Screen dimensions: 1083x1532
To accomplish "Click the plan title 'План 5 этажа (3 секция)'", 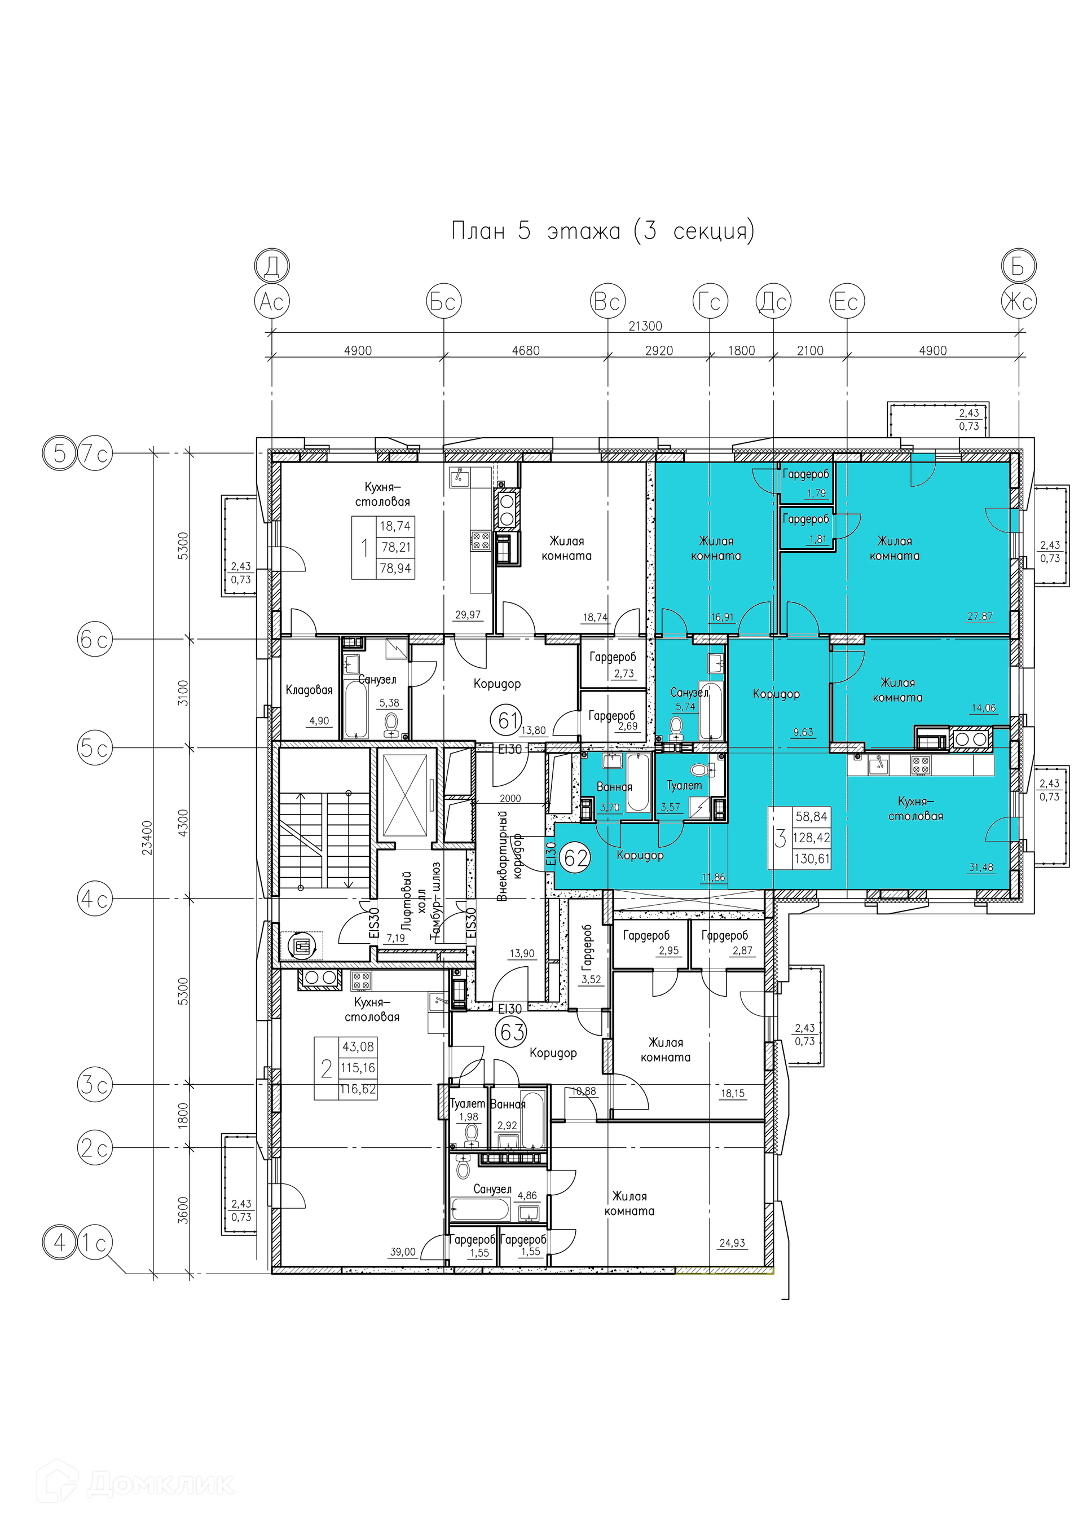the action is click(603, 231).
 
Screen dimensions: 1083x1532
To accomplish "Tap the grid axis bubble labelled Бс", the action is click(444, 302).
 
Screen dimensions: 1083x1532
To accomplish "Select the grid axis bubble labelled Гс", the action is click(710, 302).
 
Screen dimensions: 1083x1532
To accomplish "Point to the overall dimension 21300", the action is click(645, 325).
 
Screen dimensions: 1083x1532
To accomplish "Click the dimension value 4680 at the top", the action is click(526, 350).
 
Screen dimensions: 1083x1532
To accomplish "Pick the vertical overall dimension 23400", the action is click(147, 838).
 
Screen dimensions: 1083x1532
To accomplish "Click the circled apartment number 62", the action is click(576, 857).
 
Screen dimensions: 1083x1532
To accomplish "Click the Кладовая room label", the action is click(309, 690).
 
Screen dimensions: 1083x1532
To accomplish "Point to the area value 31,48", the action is click(981, 868).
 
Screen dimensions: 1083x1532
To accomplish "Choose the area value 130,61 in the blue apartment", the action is click(812, 859).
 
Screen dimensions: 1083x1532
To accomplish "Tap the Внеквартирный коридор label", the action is click(510, 856).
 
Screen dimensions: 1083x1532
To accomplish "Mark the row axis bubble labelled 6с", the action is click(95, 639).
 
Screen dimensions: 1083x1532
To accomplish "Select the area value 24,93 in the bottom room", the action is click(732, 1243).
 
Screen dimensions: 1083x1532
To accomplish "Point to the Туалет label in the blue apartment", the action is click(685, 785).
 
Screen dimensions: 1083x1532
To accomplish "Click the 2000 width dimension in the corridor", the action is click(510, 798).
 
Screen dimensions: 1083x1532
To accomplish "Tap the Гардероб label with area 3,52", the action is click(587, 947).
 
